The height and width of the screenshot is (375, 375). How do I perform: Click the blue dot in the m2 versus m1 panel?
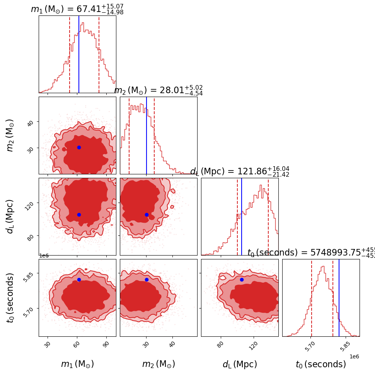[x=79, y=147]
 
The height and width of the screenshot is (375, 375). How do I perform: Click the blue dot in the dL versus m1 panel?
[x=79, y=215]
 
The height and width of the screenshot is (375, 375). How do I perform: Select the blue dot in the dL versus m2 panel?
[x=147, y=215]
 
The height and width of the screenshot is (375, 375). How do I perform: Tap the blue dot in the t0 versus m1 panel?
[x=79, y=280]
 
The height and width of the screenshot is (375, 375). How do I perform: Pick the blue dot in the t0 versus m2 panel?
[x=147, y=280]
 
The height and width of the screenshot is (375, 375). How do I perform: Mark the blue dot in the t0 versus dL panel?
[x=242, y=280]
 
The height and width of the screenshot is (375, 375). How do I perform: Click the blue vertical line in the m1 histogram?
[x=79, y=54]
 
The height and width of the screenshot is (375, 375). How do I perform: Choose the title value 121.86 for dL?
[x=250, y=172]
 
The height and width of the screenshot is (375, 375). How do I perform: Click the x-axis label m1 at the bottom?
[x=77, y=364]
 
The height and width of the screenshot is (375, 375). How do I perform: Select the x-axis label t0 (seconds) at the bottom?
[x=321, y=364]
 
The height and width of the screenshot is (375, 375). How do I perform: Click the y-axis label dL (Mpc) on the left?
[x=10, y=216]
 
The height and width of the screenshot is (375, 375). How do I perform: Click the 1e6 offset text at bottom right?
[x=354, y=356]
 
